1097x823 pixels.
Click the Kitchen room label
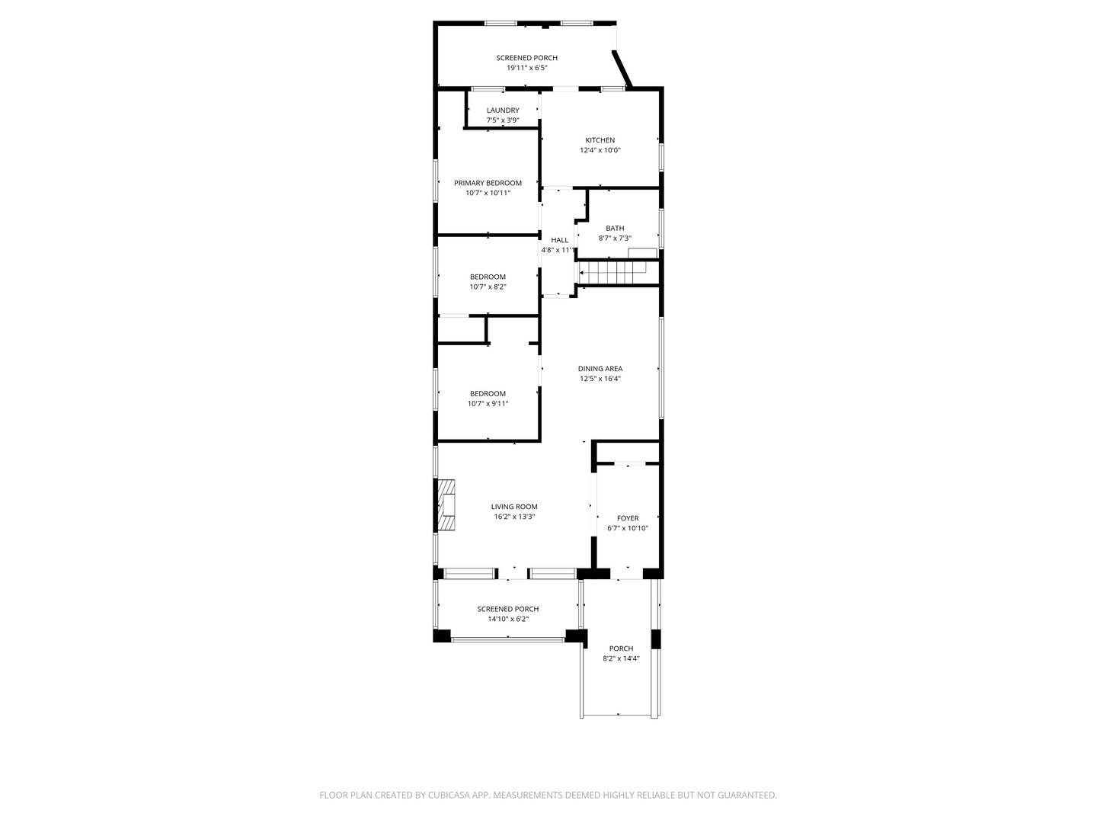600,140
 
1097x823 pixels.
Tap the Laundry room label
503,110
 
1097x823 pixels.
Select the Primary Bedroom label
488,183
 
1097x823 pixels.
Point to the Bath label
615,228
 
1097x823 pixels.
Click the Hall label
559,240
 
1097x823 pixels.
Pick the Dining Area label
600,369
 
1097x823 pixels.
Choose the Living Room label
514,507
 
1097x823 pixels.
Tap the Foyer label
628,518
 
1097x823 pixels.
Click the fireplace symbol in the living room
446,504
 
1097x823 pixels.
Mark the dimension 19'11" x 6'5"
527,68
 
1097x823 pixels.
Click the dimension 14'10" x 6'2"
508,619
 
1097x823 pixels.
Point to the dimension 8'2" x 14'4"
621,658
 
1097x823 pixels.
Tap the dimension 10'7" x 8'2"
488,287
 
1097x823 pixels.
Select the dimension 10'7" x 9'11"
488,404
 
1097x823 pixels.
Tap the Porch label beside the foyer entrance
621,648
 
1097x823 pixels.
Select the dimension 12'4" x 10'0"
600,150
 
